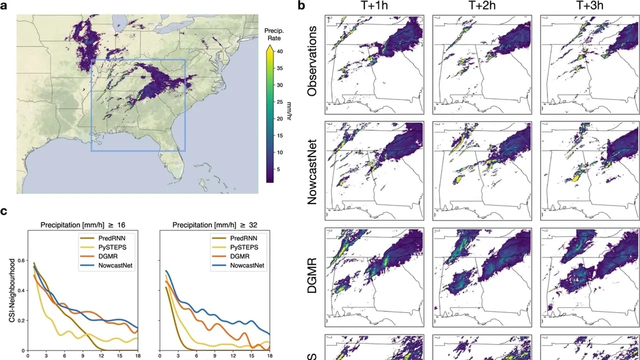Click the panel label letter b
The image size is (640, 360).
[301, 6]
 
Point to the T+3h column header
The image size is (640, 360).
[589, 6]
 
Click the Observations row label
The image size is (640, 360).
[312, 61]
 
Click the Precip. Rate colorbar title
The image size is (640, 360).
[274, 34]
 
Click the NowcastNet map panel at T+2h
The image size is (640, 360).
[481, 170]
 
